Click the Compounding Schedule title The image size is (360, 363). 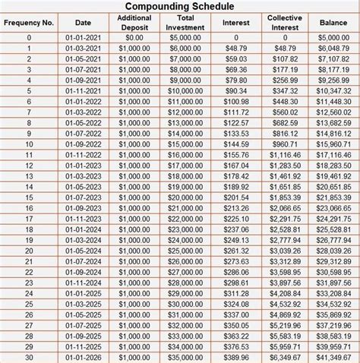pos(180,7)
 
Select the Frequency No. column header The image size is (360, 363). pos(29,22)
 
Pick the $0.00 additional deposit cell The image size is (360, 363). pos(134,36)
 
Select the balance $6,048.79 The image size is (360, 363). pos(333,47)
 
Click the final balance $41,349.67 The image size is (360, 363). pos(333,357)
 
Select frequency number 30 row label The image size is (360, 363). pos(29,357)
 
